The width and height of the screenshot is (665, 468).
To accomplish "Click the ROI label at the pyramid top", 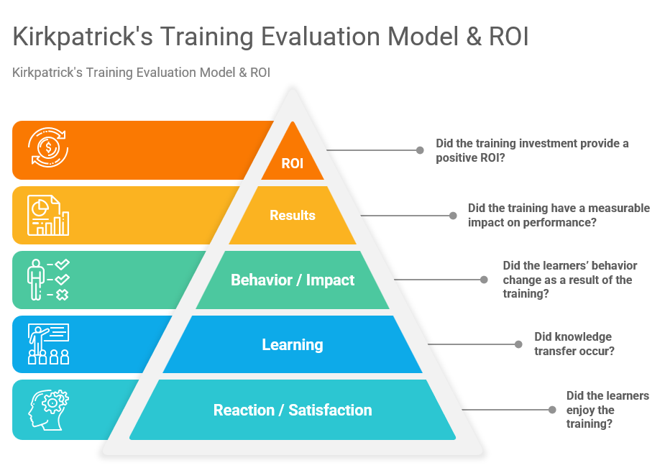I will (292, 164).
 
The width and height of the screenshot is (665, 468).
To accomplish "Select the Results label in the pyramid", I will (292, 215).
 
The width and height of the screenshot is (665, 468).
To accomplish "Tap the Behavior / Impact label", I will (292, 280).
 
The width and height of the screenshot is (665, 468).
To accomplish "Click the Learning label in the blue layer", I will (292, 344).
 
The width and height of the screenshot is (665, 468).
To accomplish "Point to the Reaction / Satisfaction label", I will (292, 410).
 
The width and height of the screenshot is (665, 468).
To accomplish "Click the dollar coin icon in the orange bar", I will (48, 149).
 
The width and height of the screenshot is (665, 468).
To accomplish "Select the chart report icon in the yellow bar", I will (48, 215).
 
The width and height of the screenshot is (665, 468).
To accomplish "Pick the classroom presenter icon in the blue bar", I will (48, 344).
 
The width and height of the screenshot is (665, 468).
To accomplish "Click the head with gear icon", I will (48, 410).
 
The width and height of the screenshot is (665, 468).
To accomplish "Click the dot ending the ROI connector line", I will (420, 150).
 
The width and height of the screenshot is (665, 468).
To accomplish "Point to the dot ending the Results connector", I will (452, 215).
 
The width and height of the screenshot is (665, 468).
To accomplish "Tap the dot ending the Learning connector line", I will (518, 344).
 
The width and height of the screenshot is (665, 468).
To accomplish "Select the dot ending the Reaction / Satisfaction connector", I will (551, 410).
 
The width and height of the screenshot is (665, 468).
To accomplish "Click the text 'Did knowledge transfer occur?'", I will (573, 344).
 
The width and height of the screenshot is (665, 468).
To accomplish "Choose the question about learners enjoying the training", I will (607, 410).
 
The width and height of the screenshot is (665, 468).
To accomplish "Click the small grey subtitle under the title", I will (141, 72).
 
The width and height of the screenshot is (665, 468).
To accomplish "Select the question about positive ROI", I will (532, 150).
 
